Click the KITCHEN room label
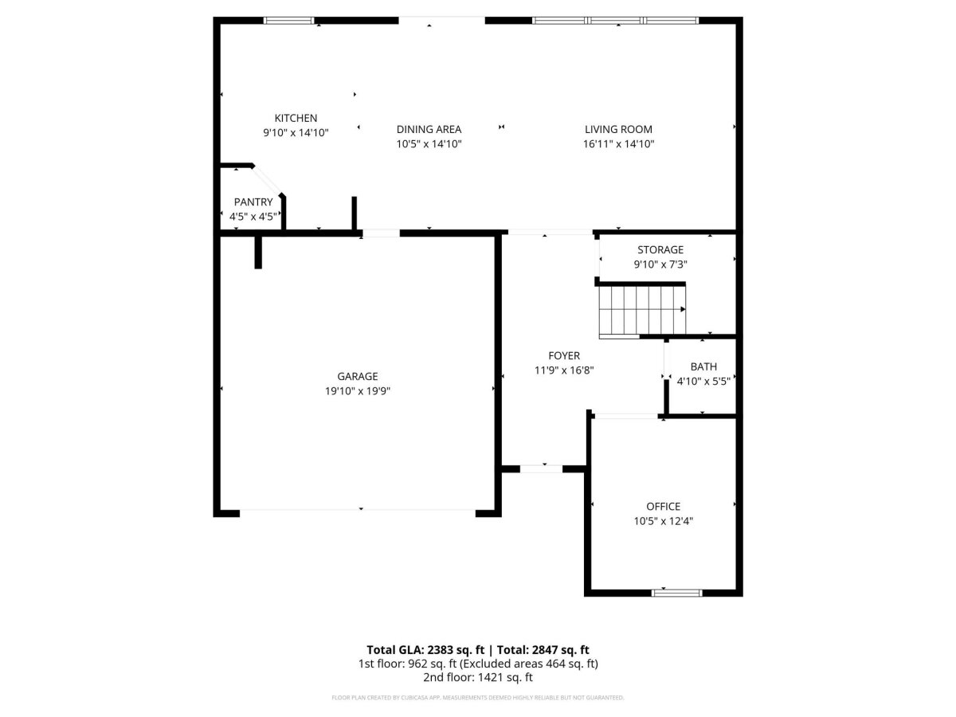pos(296,118)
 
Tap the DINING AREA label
pos(429,129)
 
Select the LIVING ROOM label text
pos(618,129)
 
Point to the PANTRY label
pos(253,202)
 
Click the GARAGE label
pos(357,376)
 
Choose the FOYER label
pos(563,355)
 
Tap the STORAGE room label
pos(660,250)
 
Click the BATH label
pos(703,366)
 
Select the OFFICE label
pos(663,507)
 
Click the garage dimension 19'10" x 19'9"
pos(357,391)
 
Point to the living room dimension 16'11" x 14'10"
pos(618,144)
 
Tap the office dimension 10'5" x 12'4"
pos(663,521)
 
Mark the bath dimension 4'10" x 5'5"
pos(703,382)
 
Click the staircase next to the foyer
pos(642,311)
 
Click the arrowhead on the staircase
pos(683,309)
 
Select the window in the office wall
pos(676,593)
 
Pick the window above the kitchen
pos(288,21)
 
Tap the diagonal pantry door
pos(267,180)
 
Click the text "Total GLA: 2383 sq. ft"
pos(425,650)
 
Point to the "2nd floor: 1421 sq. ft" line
pos(478,677)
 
